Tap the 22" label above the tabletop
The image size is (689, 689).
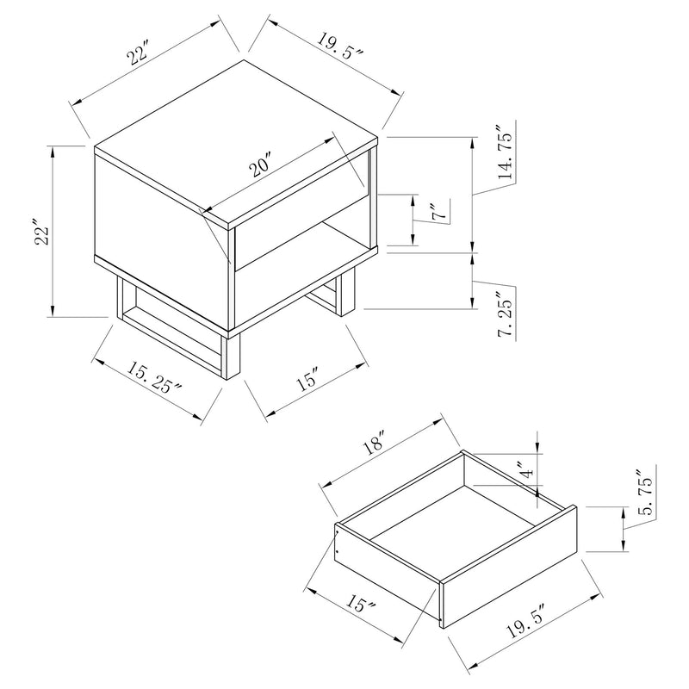138,57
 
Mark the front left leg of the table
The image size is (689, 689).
233,357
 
